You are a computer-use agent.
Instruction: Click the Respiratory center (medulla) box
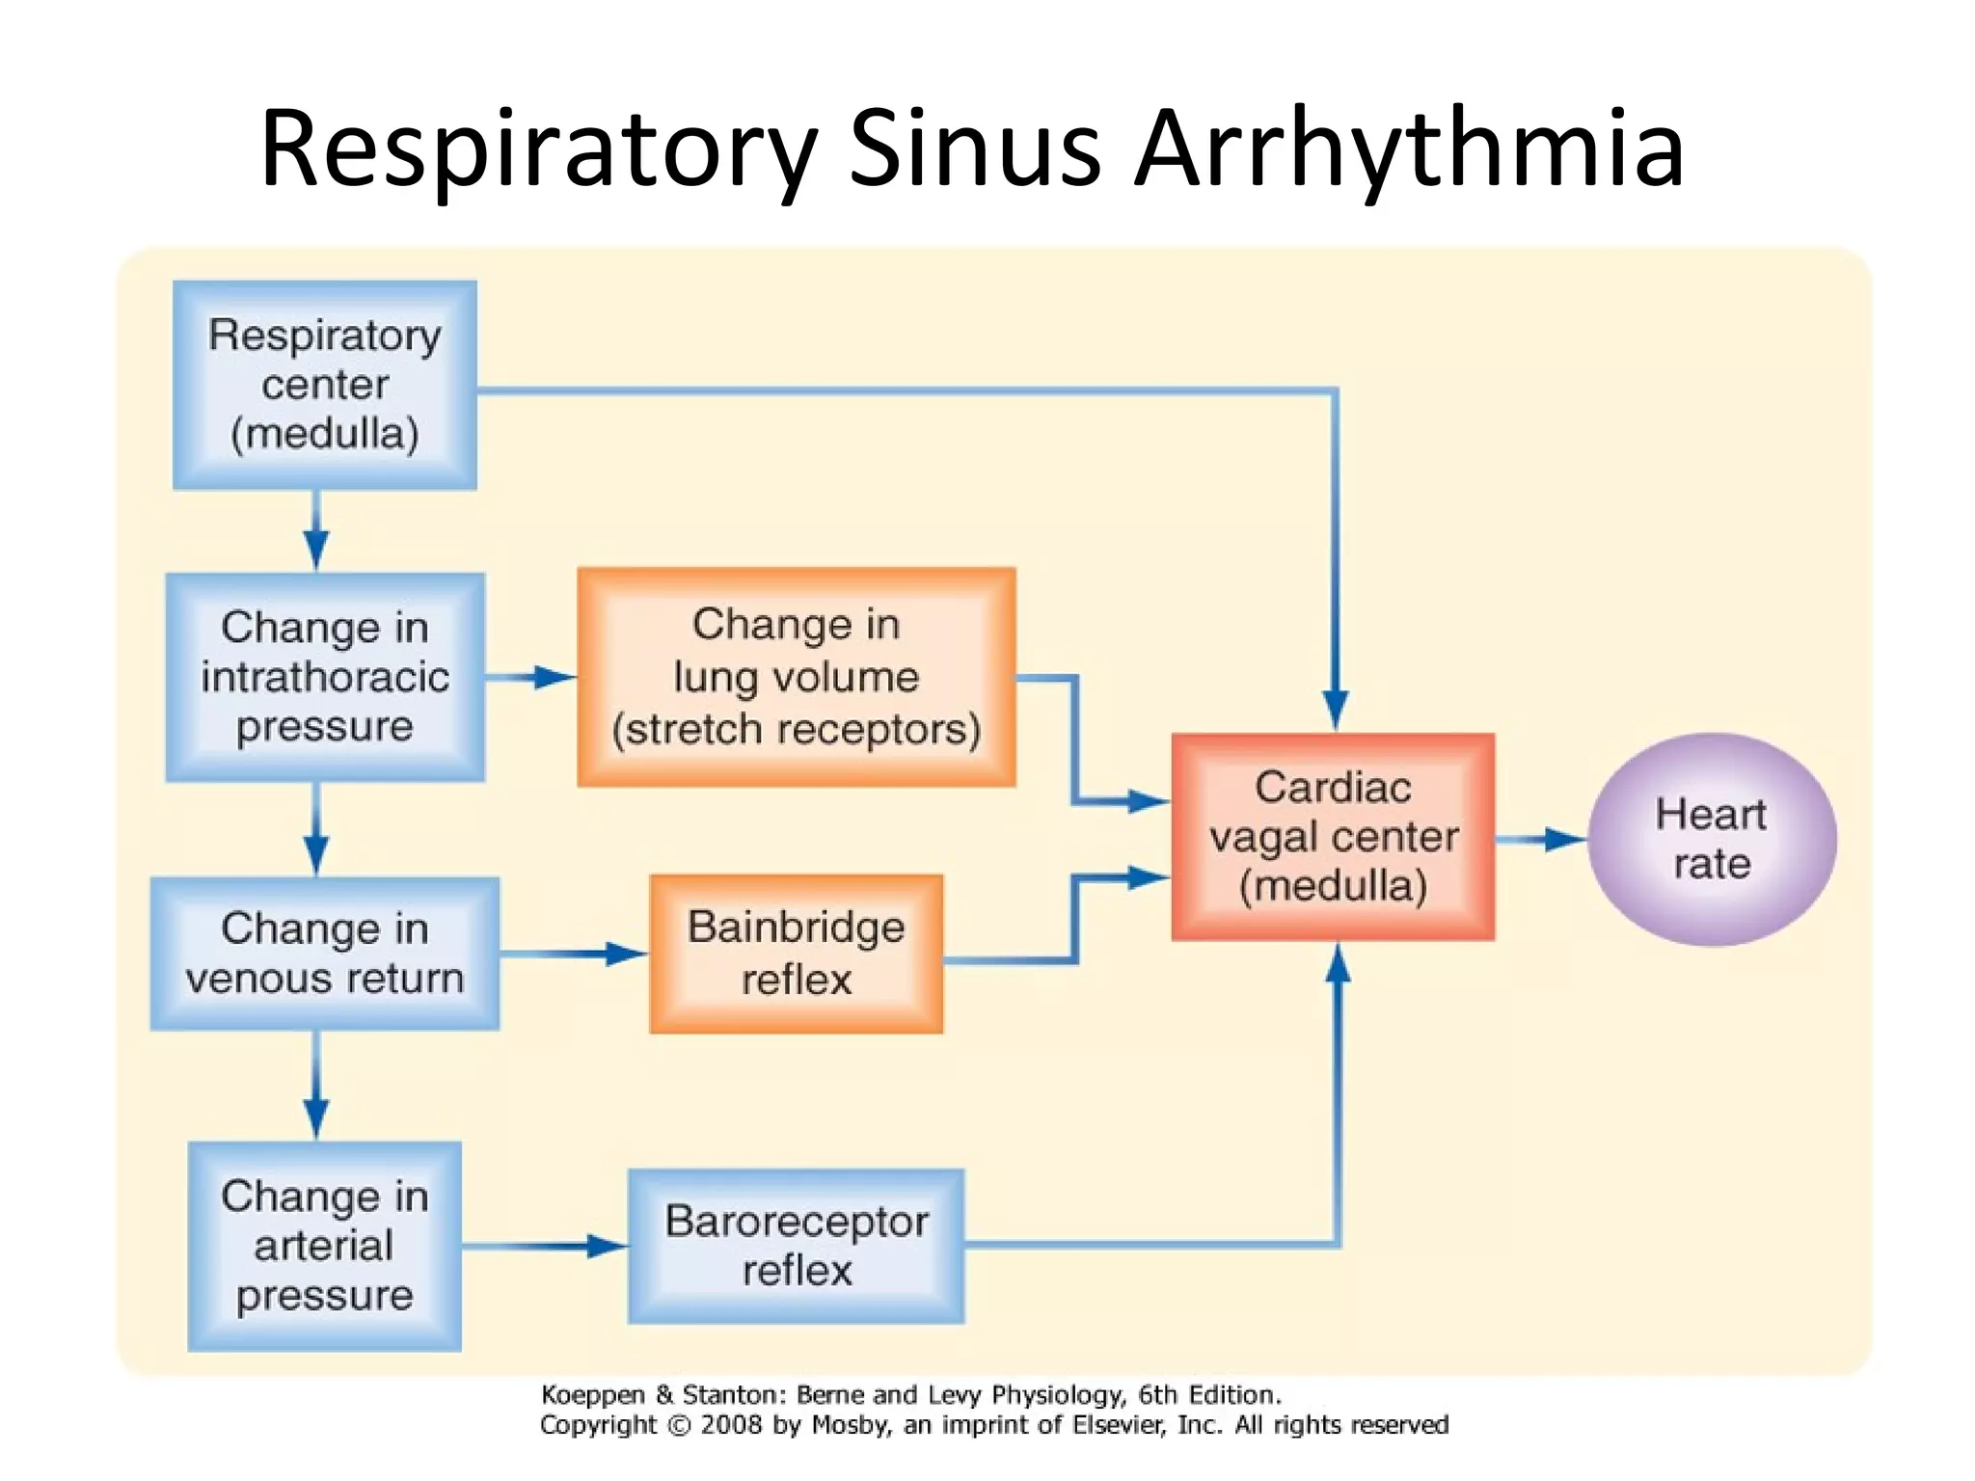pyautogui.click(x=325, y=385)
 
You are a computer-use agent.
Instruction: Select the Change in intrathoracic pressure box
pyautogui.click(x=325, y=677)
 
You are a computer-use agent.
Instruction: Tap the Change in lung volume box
pyautogui.click(x=797, y=677)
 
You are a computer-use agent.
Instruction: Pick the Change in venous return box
pyautogui.click(x=325, y=954)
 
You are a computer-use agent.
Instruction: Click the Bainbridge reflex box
pyautogui.click(x=797, y=954)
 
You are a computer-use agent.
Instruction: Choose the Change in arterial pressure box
pyautogui.click(x=325, y=1246)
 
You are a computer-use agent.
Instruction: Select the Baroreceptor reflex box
pyautogui.click(x=797, y=1246)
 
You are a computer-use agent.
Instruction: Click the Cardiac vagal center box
pyautogui.click(x=1334, y=837)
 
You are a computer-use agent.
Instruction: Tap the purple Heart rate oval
pyautogui.click(x=1712, y=839)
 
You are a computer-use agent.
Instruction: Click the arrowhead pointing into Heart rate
pyautogui.click(x=1564, y=839)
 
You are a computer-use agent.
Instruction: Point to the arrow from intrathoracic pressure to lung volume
pyautogui.click(x=530, y=677)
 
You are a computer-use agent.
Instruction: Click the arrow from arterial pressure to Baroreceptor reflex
pyautogui.click(x=545, y=1246)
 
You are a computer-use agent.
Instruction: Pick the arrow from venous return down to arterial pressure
pyautogui.click(x=316, y=1086)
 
